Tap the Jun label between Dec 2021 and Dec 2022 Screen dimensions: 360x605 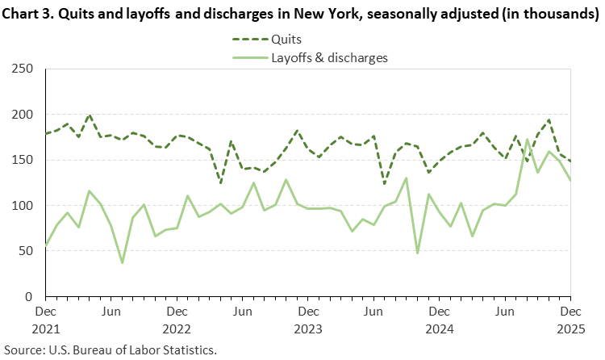point(111,311)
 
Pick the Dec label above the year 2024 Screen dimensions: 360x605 point(439,311)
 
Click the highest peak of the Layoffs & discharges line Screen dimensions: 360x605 point(527,140)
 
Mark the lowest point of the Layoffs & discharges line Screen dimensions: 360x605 point(122,262)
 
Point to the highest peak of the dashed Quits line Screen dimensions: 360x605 point(90,115)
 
